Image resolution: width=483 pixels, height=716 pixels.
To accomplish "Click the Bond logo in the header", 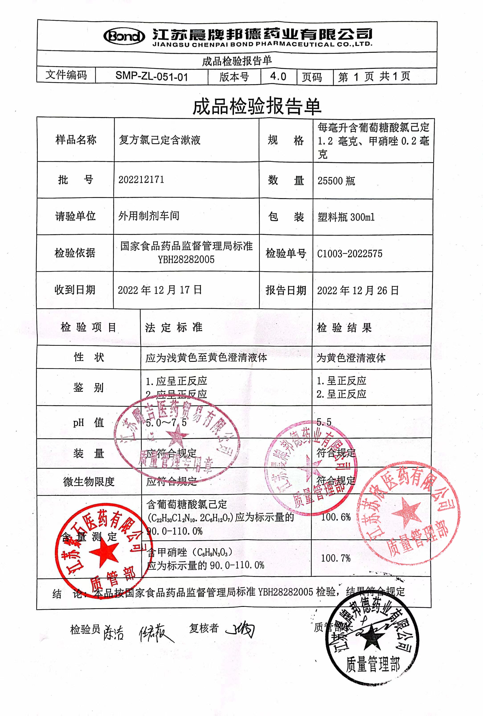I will [x=124, y=36].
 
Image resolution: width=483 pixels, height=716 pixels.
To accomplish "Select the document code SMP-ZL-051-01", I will [x=151, y=76].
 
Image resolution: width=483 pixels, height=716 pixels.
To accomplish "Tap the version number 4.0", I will [x=278, y=76].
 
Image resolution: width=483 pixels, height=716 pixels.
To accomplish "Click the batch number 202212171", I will [x=141, y=179].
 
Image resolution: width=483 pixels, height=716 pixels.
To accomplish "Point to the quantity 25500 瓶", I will [x=336, y=181].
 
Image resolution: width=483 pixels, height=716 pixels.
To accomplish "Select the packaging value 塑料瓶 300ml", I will [x=346, y=217].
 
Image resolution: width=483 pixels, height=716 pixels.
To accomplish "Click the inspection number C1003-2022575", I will [x=350, y=254].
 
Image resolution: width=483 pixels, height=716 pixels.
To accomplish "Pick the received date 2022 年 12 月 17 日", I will [x=160, y=290].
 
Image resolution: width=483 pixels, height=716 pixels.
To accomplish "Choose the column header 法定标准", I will [x=174, y=327].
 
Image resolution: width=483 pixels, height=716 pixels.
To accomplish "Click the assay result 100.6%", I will [x=336, y=517].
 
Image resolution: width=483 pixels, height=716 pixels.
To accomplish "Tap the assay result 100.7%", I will [x=336, y=558].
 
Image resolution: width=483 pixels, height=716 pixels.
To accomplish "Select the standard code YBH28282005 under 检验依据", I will [x=186, y=260].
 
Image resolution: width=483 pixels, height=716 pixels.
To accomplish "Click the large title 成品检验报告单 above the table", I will [x=257, y=106].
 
